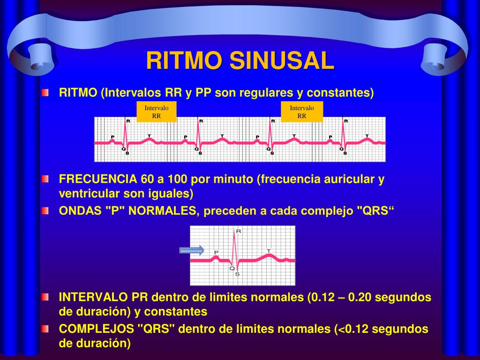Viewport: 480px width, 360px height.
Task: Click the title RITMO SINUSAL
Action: coord(240,60)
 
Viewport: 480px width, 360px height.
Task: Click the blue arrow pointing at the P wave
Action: coord(191,250)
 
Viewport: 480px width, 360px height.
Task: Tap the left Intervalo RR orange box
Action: coord(157,112)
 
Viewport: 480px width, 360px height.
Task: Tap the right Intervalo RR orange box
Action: coord(302,112)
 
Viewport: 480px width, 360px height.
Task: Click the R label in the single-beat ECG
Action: coord(239,231)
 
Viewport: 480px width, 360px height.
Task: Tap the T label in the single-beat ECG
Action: coord(269,251)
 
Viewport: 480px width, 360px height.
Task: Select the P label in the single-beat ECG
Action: coord(216,252)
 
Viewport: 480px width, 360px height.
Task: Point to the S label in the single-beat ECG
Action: coord(237,274)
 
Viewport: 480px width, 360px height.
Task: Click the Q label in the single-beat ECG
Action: coord(232,269)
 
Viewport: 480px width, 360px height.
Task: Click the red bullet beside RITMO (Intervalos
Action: coord(44,93)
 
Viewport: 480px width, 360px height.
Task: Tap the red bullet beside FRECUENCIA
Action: coord(44,179)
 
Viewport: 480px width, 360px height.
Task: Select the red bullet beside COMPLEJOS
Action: coord(44,329)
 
